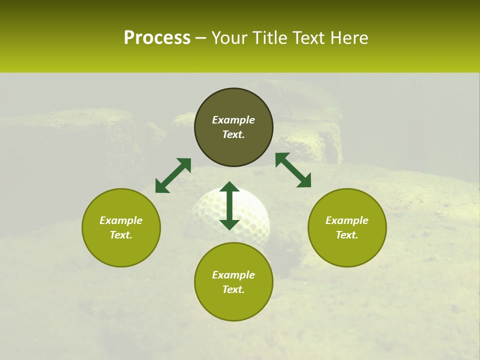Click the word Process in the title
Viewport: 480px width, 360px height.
tap(157, 38)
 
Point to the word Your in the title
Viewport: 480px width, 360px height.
tap(230, 38)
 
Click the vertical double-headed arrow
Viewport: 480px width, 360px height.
tap(229, 205)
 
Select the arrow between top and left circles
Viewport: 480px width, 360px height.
tap(173, 175)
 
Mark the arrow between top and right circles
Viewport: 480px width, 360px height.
tap(293, 170)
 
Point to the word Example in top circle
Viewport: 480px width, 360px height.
tap(233, 120)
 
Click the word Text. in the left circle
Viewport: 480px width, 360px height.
tap(121, 235)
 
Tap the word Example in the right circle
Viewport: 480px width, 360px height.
tap(347, 220)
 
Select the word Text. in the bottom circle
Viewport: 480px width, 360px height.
tap(233, 289)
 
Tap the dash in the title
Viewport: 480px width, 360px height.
tap(201, 38)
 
